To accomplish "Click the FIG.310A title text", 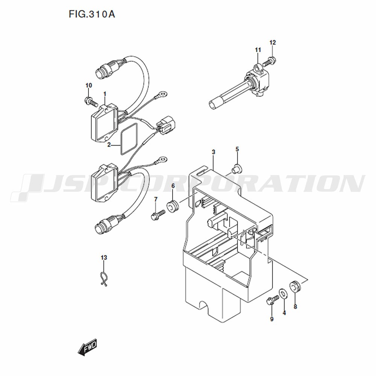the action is point(92,14).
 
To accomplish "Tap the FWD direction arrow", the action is point(87,347).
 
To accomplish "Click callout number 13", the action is point(104,258).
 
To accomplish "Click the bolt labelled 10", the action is point(90,102).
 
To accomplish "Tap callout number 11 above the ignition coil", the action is point(258,50).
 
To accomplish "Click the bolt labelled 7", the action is point(158,214).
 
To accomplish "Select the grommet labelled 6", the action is point(173,206).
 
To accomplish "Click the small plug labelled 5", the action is point(237,168).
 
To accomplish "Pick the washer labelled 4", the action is point(284,294).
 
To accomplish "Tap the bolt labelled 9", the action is point(272,300).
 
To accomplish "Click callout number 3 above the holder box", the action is point(214,152).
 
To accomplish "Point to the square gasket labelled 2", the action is point(129,139).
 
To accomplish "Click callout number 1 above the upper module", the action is point(105,94).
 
